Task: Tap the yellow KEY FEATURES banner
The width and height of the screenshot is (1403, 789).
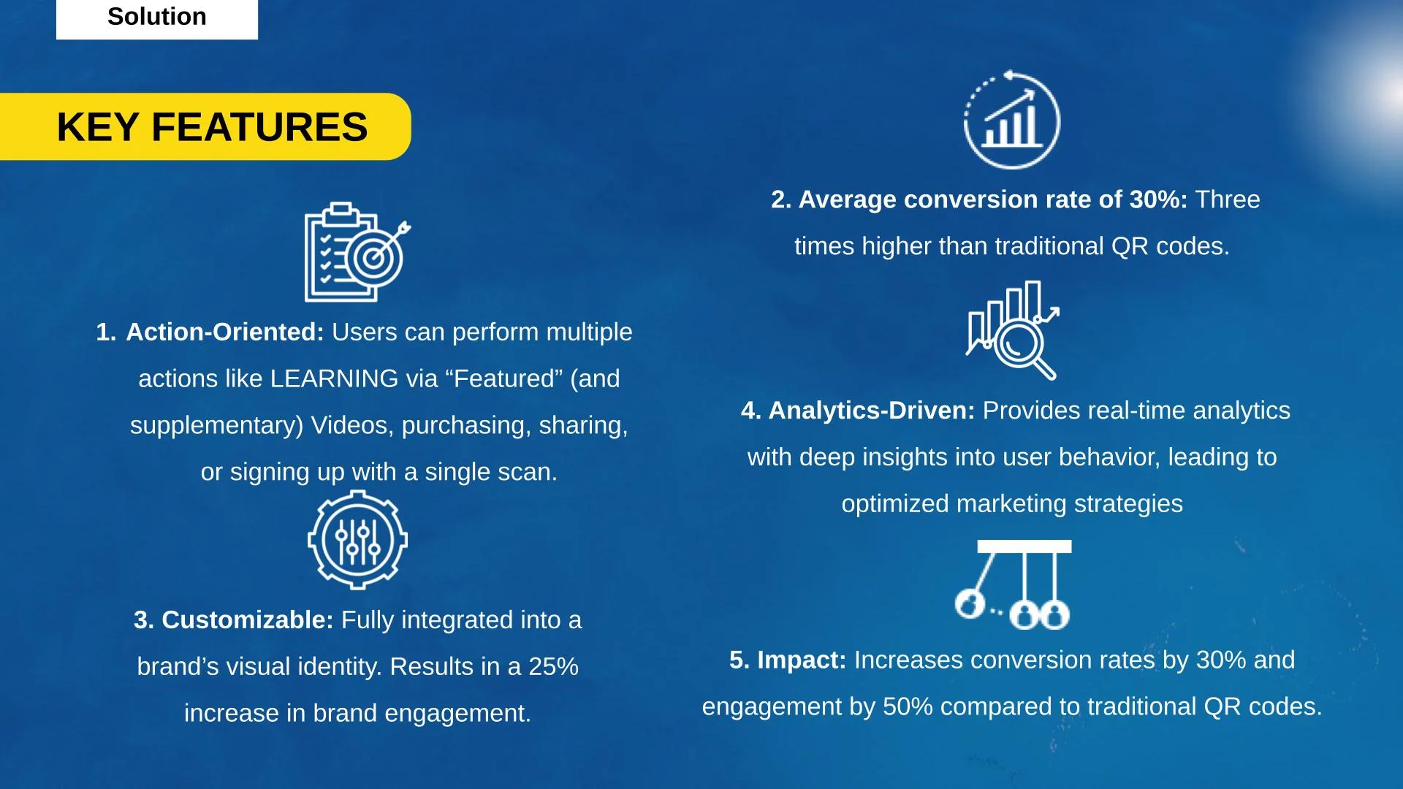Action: [205, 126]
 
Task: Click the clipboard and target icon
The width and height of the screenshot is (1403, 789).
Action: [357, 252]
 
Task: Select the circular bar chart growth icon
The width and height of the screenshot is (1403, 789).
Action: [1011, 120]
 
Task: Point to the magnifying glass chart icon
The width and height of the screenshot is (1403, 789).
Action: [1012, 330]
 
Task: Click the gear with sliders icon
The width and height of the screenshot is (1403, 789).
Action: [357, 540]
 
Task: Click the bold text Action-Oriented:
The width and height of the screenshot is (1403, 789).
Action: [225, 332]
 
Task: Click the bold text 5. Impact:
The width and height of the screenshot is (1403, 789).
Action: [788, 660]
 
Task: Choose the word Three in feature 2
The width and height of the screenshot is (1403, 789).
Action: [1228, 200]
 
